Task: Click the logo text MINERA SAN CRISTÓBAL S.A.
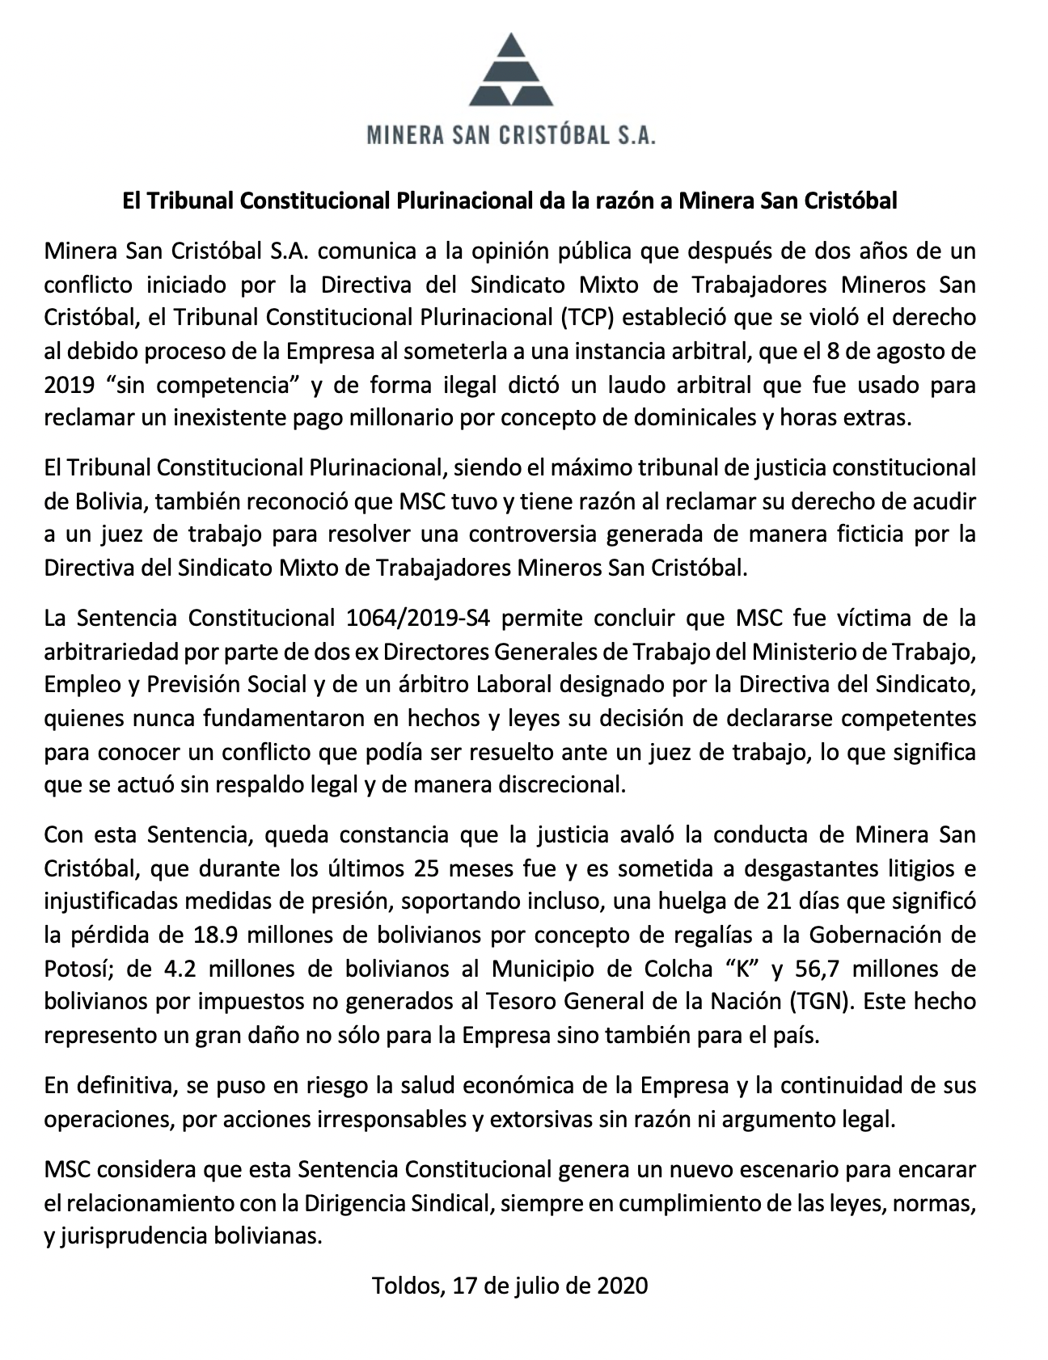(x=511, y=134)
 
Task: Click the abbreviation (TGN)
(x=818, y=1001)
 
